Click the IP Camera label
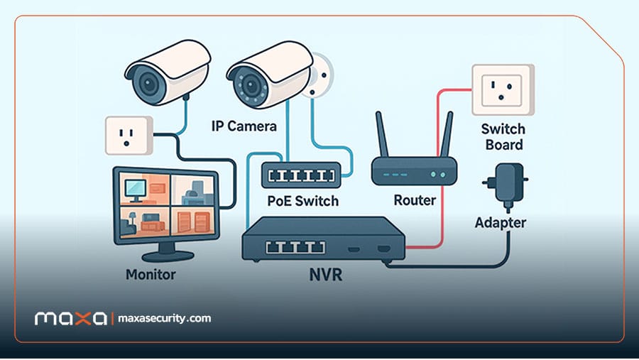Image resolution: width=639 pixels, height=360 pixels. click(244, 126)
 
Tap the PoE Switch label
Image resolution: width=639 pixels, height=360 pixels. click(302, 200)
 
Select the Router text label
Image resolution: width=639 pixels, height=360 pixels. click(415, 200)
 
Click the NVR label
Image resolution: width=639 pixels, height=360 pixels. click(326, 274)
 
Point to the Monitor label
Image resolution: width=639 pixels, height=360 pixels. click(151, 274)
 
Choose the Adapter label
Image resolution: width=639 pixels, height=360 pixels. click(501, 223)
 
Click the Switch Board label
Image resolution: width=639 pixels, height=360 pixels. click(503, 137)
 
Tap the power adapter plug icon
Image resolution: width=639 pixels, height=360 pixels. click(506, 186)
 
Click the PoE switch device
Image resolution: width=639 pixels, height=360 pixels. click(301, 175)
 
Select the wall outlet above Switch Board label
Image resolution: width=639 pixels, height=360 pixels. click(503, 89)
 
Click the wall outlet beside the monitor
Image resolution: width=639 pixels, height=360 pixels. click(129, 136)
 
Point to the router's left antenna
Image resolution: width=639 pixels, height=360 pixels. click(382, 134)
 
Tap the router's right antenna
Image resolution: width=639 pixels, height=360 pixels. click(447, 134)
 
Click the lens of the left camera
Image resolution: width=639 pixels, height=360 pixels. click(149, 84)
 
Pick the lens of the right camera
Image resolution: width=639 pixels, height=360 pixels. click(251, 87)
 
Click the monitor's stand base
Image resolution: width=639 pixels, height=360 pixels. click(168, 256)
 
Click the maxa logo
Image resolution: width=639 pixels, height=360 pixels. click(71, 318)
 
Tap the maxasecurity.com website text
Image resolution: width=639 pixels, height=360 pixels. click(164, 318)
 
